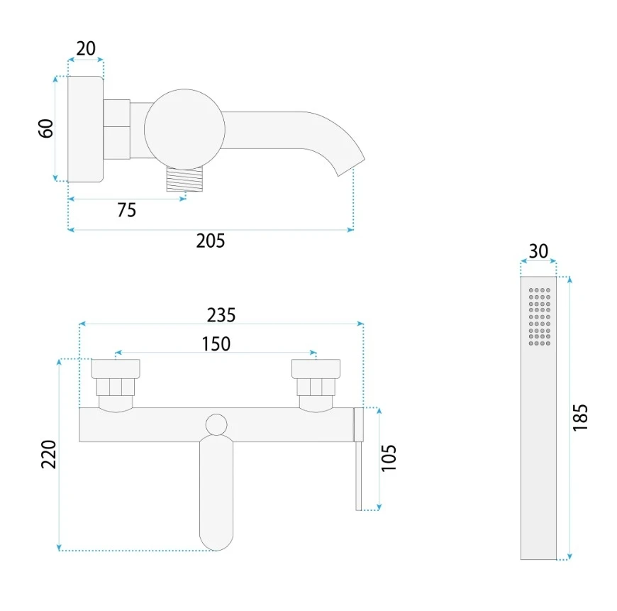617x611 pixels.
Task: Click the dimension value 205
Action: click(211, 241)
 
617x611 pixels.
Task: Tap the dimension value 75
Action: click(127, 210)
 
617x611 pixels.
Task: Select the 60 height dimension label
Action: click(46, 128)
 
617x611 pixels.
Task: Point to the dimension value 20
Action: click(86, 49)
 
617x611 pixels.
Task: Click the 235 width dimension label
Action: click(221, 315)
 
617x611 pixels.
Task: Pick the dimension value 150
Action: click(216, 344)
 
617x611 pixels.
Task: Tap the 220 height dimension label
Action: click(49, 454)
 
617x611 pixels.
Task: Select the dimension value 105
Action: click(389, 458)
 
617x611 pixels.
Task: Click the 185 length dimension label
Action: click(580, 418)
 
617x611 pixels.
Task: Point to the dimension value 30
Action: click(538, 251)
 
